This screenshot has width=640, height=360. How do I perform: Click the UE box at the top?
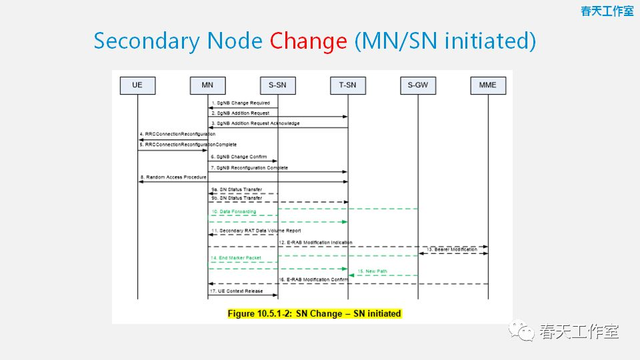137,85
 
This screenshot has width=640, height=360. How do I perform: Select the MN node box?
207,85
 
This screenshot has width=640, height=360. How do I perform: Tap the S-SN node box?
277,85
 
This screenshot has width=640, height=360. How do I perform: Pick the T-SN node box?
347,85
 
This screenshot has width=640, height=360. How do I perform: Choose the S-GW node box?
417,85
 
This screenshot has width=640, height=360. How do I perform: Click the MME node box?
487,85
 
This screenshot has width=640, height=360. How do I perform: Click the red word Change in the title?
308,41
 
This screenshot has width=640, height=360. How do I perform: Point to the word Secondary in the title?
146,41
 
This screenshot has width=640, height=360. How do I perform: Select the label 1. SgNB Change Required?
241,103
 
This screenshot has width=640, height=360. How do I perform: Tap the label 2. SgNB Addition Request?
241,113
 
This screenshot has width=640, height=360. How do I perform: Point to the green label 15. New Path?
372,271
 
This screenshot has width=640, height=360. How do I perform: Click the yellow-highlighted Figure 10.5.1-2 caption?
315,313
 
